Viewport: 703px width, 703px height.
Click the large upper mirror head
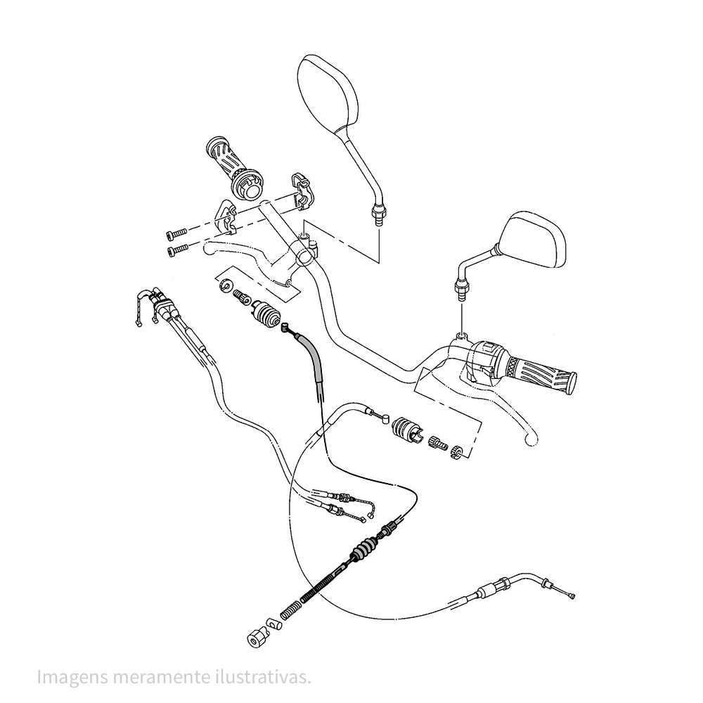point(328,91)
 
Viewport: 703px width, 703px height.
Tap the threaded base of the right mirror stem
point(463,288)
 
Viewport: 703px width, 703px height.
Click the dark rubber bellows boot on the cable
point(363,549)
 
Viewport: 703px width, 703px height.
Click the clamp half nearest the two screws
point(226,216)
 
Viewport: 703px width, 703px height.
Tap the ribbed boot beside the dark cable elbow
point(266,314)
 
